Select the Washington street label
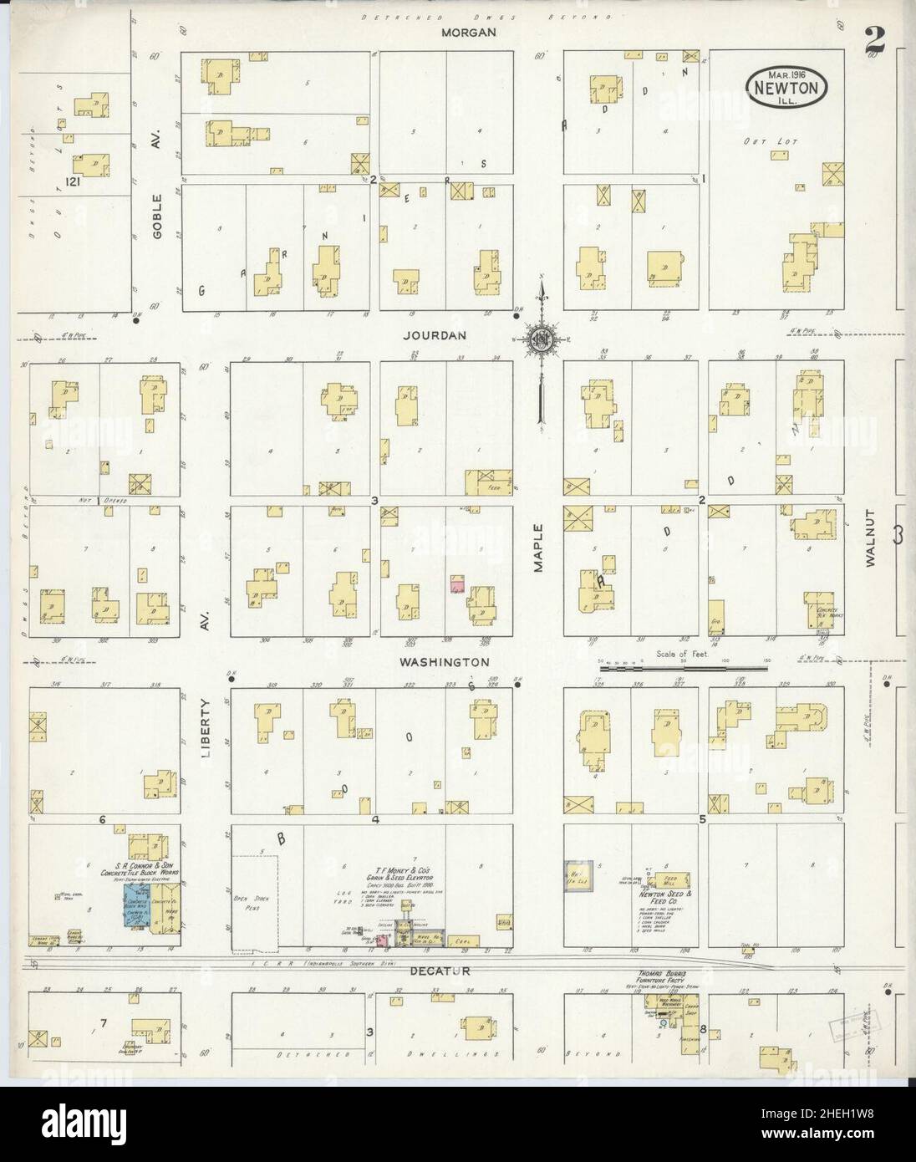tap(444, 661)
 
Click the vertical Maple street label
tap(539, 548)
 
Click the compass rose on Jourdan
tap(541, 339)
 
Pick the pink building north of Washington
tap(457, 584)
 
